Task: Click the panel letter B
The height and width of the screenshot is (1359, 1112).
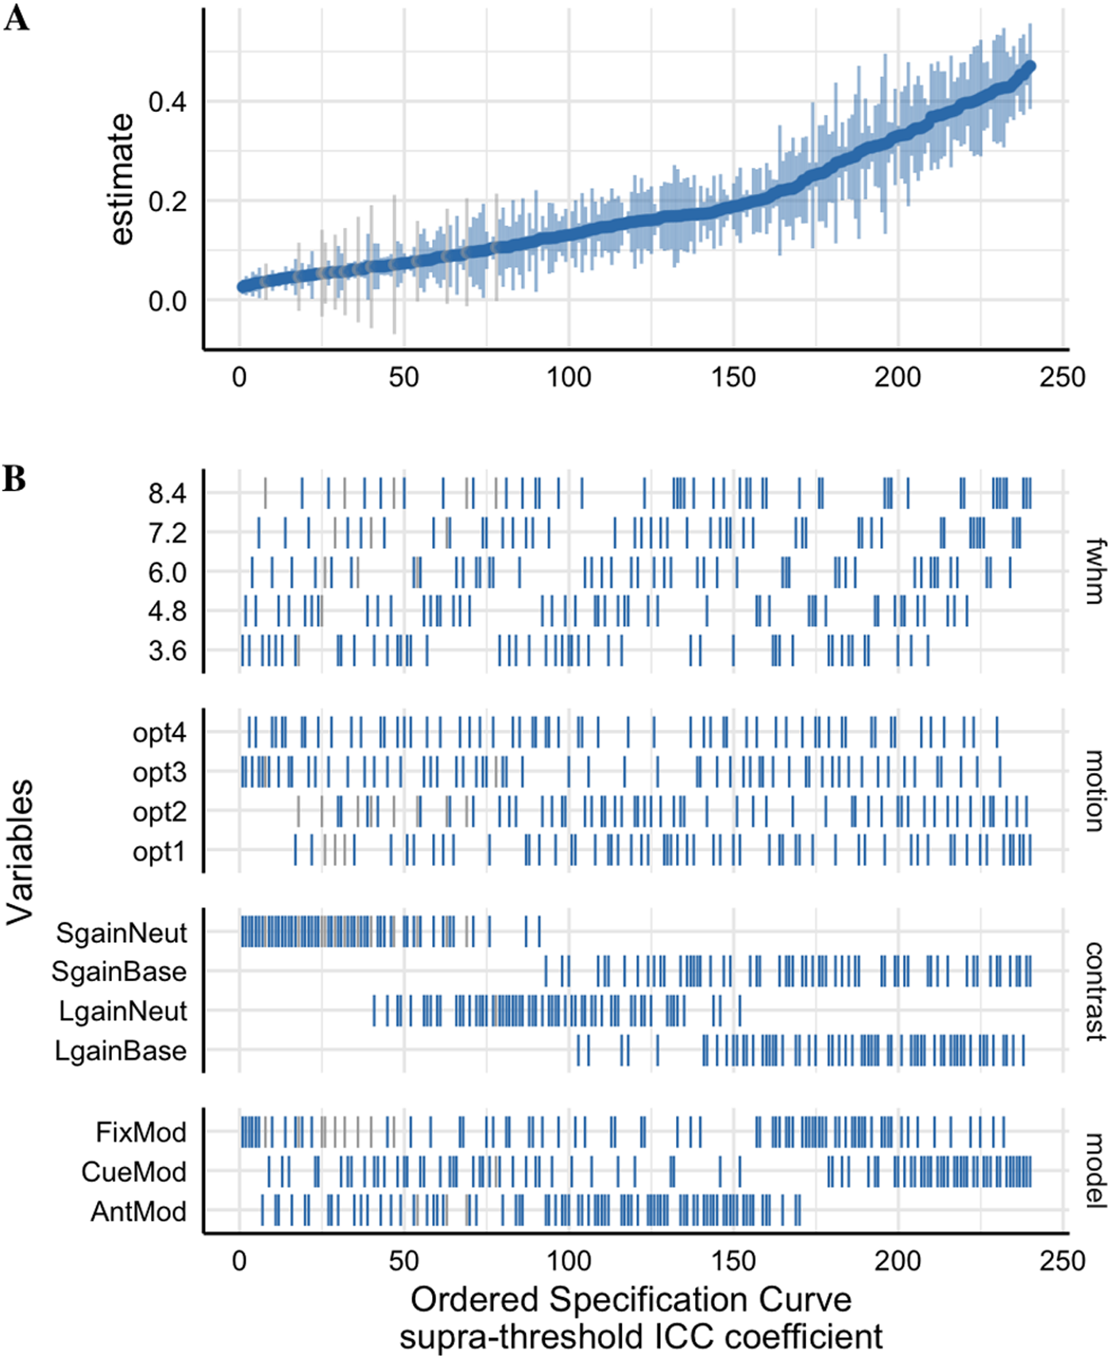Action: [14, 479]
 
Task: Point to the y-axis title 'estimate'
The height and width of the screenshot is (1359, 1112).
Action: [122, 179]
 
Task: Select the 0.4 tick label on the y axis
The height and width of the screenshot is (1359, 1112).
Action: [168, 102]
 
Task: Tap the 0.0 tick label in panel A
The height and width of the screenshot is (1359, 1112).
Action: [168, 302]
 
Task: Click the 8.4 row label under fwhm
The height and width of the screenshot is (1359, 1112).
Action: [168, 493]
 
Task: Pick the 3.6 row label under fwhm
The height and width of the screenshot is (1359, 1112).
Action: [168, 651]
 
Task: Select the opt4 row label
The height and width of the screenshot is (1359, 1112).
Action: [160, 732]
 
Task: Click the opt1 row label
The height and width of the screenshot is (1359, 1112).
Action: [159, 851]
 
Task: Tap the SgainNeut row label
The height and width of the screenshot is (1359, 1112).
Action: [122, 932]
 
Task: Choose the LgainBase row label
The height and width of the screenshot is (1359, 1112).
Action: [121, 1051]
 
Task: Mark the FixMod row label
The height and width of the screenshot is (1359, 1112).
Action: [141, 1132]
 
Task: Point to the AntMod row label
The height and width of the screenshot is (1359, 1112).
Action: [138, 1211]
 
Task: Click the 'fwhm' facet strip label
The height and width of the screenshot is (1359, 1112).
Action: [1095, 571]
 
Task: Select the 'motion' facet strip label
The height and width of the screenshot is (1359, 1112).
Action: [1095, 791]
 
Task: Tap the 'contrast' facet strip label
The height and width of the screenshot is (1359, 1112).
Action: [1095, 990]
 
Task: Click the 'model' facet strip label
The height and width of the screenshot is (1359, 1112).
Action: [1095, 1171]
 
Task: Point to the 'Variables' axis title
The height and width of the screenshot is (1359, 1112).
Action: [21, 851]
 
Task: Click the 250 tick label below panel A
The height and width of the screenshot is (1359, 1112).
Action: [1062, 376]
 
